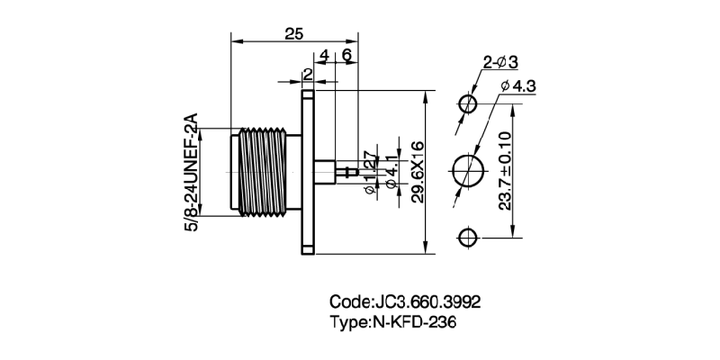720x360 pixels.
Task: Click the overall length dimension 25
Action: pos(293,33)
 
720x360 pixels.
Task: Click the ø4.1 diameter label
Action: pos(390,171)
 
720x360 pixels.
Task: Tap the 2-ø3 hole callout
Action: pos(500,62)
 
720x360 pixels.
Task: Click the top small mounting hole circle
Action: pos(468,103)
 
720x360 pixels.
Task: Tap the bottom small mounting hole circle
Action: pos(468,238)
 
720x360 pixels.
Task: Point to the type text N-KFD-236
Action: pos(421,323)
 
